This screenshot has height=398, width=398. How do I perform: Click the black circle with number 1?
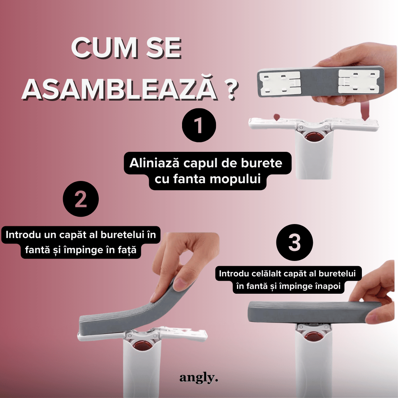(199, 125)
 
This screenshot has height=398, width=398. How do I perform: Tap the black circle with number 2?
(81, 199)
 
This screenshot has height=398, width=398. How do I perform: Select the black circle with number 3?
(294, 242)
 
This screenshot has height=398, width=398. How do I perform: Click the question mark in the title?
(231, 90)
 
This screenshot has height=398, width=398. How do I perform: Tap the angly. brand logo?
(199, 378)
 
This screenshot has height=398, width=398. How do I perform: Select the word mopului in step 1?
(235, 179)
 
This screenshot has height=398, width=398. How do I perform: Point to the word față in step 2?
(127, 250)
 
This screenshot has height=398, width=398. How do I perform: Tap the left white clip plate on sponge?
(281, 83)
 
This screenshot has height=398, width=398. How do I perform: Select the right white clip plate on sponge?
(359, 81)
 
